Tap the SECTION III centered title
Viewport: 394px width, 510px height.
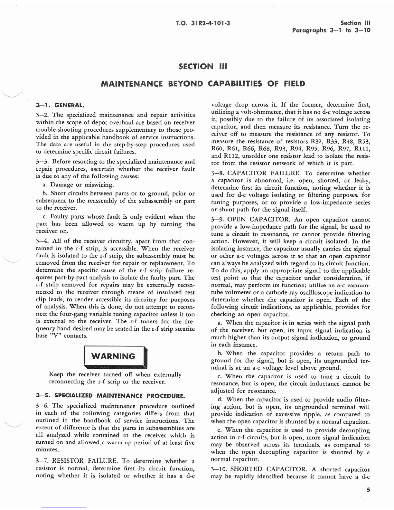203,66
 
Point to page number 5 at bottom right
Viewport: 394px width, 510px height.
368,490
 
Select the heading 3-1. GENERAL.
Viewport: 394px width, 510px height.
60,105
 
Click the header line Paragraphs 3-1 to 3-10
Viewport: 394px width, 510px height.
331,31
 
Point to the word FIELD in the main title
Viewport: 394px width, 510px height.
294,84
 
